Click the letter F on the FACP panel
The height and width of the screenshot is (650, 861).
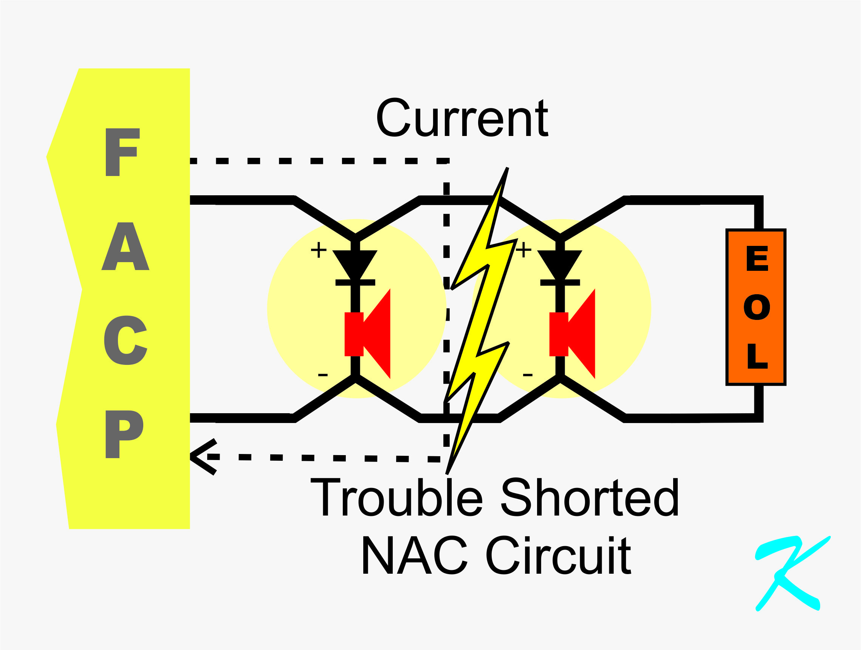(122, 152)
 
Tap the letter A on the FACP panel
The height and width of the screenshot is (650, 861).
(125, 247)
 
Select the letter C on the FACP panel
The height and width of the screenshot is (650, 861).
(125, 340)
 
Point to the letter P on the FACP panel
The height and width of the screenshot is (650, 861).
(123, 434)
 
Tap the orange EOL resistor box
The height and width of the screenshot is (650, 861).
(756, 307)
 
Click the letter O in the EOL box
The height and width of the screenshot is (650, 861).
(757, 307)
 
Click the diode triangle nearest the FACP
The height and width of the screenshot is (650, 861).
(355, 262)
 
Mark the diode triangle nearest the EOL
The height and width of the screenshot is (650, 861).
(559, 262)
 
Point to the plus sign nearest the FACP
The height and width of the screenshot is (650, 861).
(318, 250)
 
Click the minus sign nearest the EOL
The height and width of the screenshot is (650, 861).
(527, 375)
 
